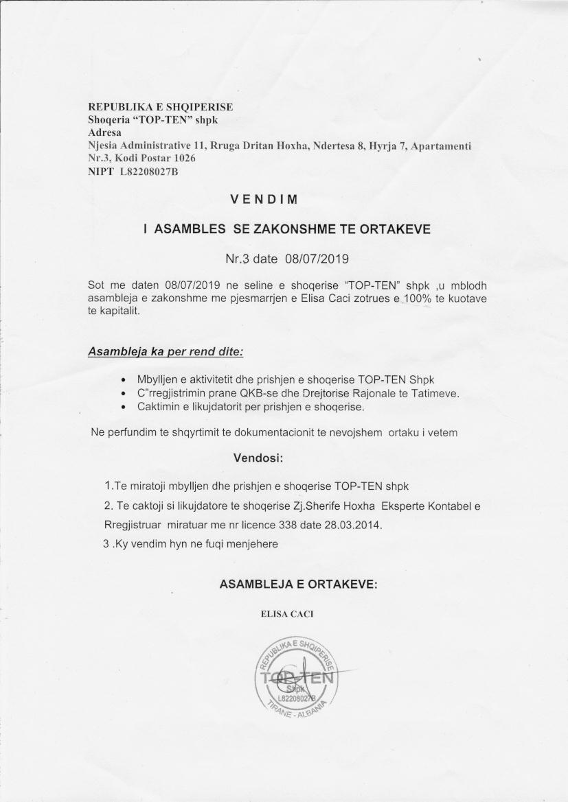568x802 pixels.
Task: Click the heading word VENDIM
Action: (264, 200)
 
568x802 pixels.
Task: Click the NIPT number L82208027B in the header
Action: (148, 172)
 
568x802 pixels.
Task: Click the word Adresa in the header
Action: (104, 132)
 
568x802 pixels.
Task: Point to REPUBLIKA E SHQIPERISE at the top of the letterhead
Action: (161, 107)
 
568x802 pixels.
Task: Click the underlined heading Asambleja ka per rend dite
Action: (166, 352)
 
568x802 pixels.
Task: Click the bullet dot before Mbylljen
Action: (122, 380)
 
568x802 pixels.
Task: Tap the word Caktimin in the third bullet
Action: (158, 407)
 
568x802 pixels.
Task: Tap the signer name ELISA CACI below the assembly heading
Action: (287, 614)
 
